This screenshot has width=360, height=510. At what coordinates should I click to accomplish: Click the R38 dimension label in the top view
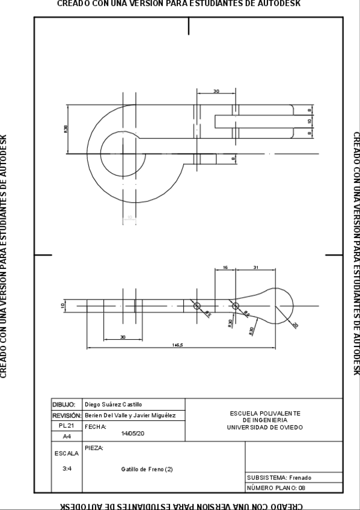[66, 129]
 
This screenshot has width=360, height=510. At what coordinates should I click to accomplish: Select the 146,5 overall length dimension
[178, 345]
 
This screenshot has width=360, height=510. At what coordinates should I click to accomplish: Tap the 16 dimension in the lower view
[225, 266]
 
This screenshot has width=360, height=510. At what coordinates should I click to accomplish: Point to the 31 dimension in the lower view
[255, 266]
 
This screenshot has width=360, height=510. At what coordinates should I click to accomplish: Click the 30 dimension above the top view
[216, 91]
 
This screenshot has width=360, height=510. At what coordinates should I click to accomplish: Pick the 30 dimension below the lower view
[122, 337]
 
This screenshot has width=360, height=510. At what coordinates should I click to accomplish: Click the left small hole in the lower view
[197, 306]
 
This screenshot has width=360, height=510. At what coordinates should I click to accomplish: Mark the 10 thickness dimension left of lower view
[63, 306]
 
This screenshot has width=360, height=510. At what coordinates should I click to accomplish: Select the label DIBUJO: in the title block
[64, 405]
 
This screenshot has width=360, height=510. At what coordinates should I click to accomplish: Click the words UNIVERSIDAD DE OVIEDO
[265, 428]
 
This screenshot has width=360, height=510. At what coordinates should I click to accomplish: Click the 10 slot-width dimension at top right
[310, 121]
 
